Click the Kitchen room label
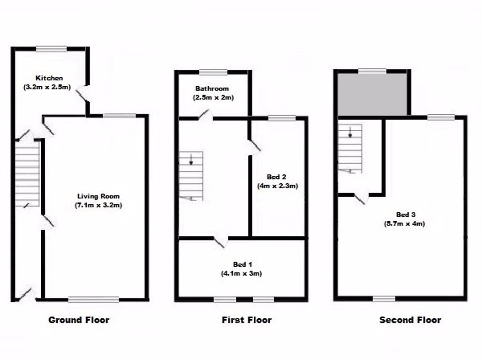49,78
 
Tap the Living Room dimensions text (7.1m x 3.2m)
98,205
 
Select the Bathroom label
212,89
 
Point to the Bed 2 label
277,177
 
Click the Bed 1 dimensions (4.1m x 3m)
241,273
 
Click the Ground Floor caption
79,320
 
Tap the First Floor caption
246,320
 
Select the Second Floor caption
410,320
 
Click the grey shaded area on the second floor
372,94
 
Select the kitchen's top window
52,48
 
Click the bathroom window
213,72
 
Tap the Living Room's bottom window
93,300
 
